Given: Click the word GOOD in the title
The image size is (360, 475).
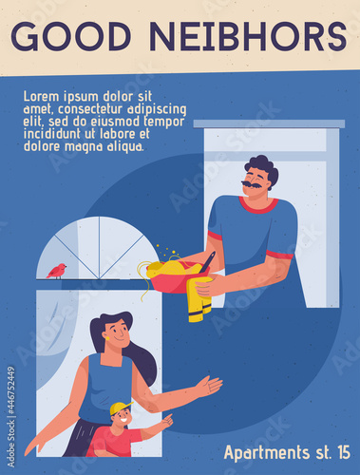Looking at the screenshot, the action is click(70, 36).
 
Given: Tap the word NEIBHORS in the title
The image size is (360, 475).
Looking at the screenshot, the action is click(248, 36).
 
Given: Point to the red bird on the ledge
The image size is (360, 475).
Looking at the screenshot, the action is click(57, 271).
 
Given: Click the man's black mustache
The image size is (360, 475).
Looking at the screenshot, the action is click(252, 184).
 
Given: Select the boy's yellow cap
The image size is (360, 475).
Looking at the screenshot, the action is click(120, 408).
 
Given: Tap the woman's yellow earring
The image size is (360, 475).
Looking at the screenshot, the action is click(107, 338).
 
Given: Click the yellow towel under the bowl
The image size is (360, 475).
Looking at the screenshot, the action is click(199, 299).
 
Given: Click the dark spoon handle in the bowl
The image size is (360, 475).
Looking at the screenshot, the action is click(208, 262).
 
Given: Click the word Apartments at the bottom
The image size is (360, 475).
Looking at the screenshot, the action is click(267, 453).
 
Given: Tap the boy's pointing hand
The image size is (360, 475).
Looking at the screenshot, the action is click(168, 420).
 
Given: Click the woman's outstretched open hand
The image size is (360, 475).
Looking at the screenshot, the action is click(209, 387).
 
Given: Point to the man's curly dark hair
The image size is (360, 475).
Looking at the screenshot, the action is click(263, 169).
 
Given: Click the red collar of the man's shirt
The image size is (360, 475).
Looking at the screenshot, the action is click(258, 206).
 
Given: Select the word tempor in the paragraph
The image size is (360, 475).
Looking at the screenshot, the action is click(164, 122).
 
